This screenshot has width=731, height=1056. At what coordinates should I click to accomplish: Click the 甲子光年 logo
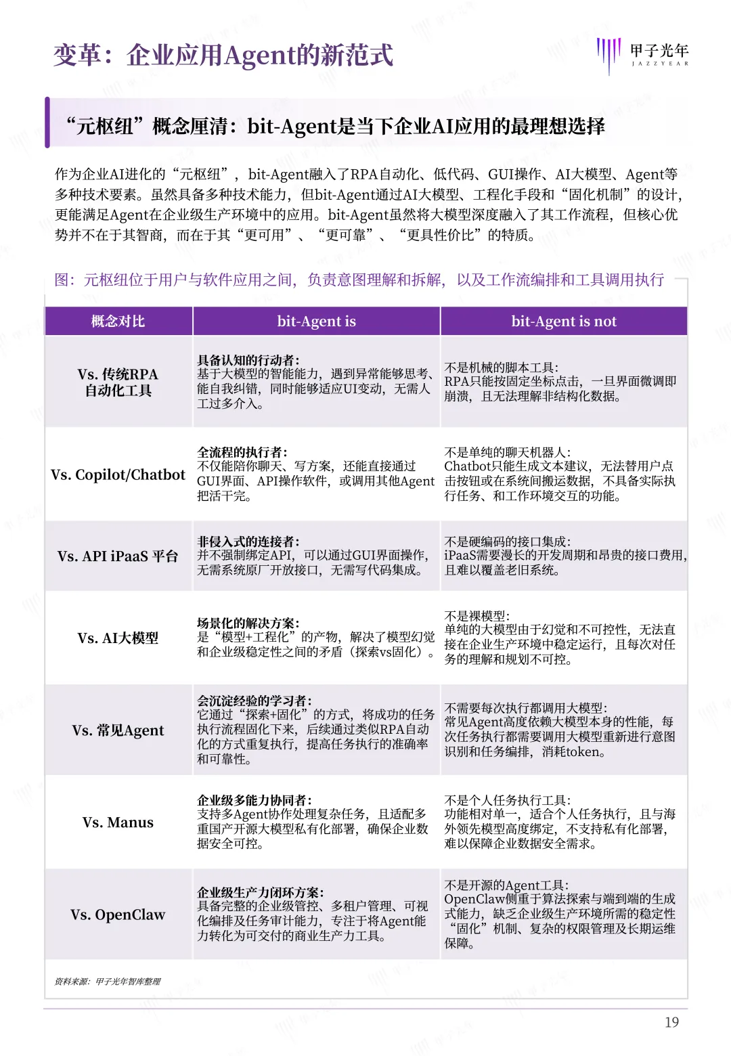643,54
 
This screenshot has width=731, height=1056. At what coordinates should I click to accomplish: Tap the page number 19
671,1022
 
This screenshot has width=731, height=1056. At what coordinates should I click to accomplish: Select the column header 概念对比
118,321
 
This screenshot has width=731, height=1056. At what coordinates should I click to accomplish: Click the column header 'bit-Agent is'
316,321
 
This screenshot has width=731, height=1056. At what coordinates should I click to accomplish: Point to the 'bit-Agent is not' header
564,321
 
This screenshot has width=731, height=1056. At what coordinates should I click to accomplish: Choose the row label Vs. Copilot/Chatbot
118,475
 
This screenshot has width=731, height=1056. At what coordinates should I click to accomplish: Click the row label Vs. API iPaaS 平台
118,556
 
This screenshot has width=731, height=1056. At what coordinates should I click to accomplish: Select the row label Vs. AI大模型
118,638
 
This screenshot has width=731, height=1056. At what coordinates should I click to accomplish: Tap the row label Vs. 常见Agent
118,730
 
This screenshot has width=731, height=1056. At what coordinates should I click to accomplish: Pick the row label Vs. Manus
118,822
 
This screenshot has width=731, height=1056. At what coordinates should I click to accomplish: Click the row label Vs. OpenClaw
118,915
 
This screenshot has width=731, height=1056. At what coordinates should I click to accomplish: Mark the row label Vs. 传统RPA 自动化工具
118,382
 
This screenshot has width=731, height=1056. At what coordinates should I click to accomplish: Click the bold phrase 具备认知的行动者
248,360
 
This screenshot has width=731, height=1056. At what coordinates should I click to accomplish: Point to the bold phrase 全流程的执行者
242,452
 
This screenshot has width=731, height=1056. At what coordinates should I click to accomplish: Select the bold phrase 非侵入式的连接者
248,542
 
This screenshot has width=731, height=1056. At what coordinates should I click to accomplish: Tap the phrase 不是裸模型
477,616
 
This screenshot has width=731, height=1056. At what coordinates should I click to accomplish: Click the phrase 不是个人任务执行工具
507,800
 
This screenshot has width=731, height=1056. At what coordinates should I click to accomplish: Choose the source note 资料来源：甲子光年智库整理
108,982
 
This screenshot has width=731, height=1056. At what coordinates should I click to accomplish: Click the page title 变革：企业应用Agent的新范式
223,56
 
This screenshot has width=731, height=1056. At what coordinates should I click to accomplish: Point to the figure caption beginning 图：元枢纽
359,280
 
